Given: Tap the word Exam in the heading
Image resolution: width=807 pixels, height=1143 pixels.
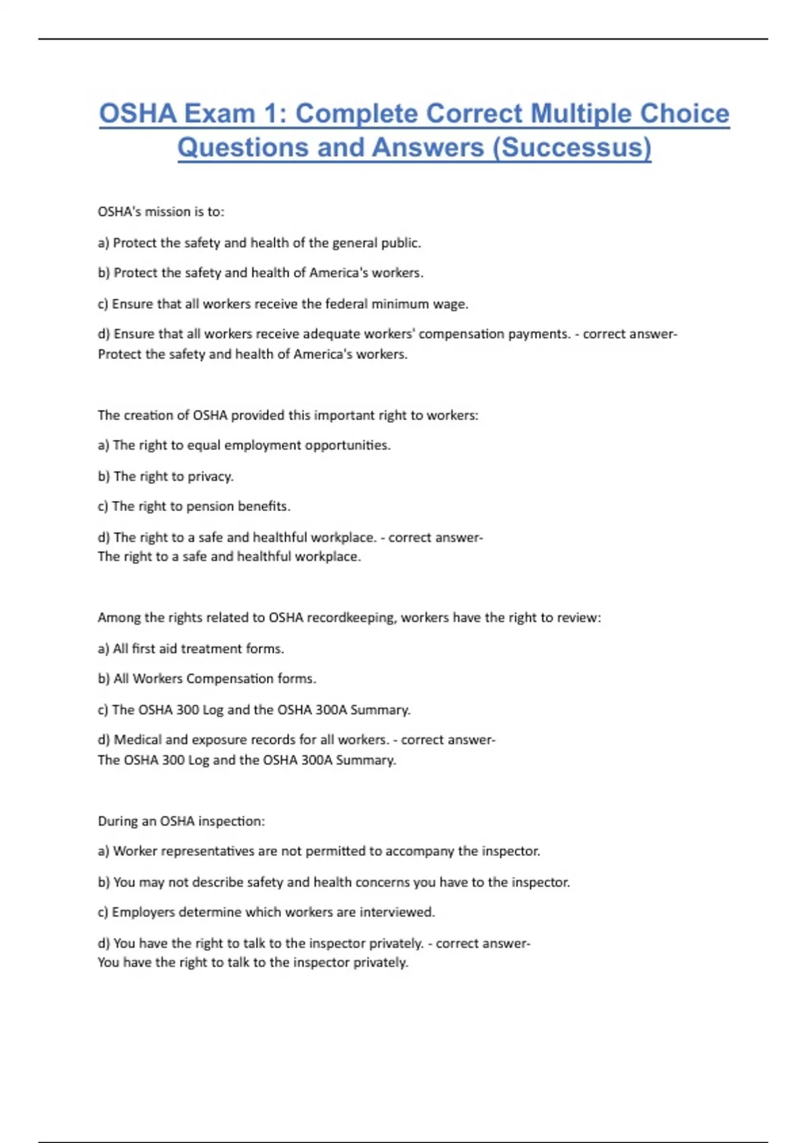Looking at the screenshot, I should [x=219, y=114].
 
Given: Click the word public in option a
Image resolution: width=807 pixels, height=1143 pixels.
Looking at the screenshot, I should [x=401, y=243].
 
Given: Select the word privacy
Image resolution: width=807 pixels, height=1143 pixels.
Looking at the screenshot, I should [x=210, y=477].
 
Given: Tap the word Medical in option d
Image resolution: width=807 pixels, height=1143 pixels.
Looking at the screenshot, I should [x=137, y=740].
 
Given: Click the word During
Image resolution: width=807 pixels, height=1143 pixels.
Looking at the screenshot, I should [x=118, y=821].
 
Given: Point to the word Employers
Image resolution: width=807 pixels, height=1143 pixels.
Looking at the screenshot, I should [x=143, y=912].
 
